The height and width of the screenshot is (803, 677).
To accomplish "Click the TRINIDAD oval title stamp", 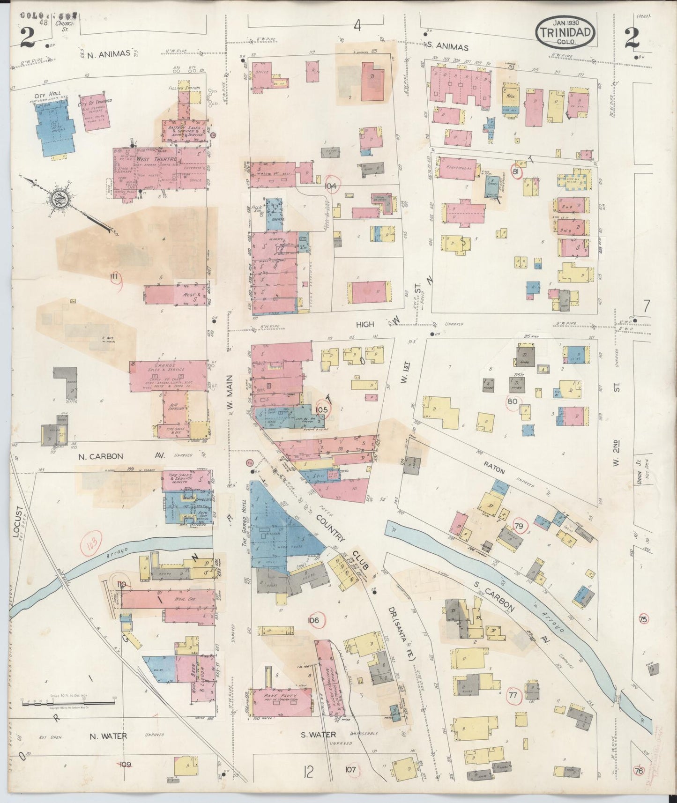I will [x=566, y=32].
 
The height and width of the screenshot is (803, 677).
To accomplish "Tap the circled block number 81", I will [x=516, y=172].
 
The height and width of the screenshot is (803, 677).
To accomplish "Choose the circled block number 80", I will [x=512, y=401].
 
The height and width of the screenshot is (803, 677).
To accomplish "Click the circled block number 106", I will [x=314, y=621].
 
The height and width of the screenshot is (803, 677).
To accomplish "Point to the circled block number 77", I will [x=513, y=695].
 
